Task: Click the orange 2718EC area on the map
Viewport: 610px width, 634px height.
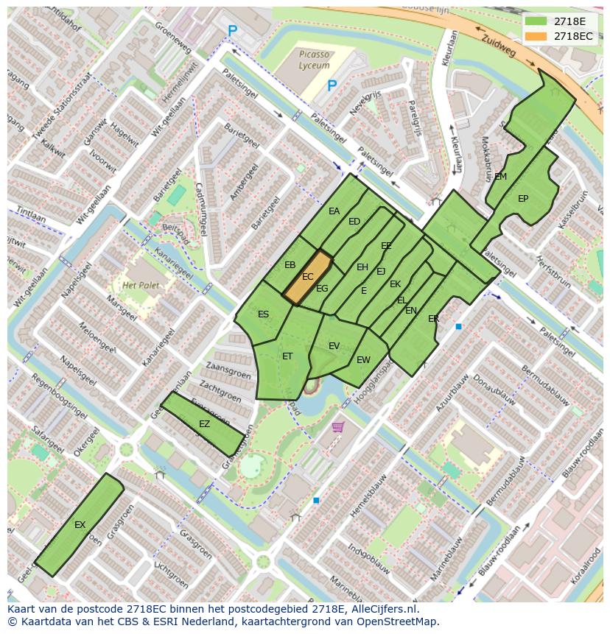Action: (x=308, y=277)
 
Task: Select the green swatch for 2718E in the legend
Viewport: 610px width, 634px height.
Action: (x=536, y=21)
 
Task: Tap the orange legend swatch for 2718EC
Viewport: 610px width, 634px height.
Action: (x=536, y=36)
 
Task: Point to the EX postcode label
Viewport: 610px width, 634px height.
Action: (x=80, y=525)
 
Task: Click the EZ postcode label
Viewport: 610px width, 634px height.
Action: (x=205, y=424)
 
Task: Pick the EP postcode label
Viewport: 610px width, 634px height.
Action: (x=523, y=199)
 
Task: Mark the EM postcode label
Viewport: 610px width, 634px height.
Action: (x=501, y=177)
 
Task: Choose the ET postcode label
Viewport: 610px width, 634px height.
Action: (x=287, y=356)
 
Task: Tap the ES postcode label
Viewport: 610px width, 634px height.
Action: (x=263, y=314)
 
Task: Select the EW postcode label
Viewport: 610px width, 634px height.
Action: (x=363, y=360)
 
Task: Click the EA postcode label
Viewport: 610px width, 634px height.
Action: (x=334, y=211)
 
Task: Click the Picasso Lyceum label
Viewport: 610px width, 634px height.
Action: (x=315, y=60)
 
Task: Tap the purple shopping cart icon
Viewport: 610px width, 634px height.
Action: (x=338, y=426)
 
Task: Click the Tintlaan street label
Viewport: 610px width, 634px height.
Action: (x=30, y=214)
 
